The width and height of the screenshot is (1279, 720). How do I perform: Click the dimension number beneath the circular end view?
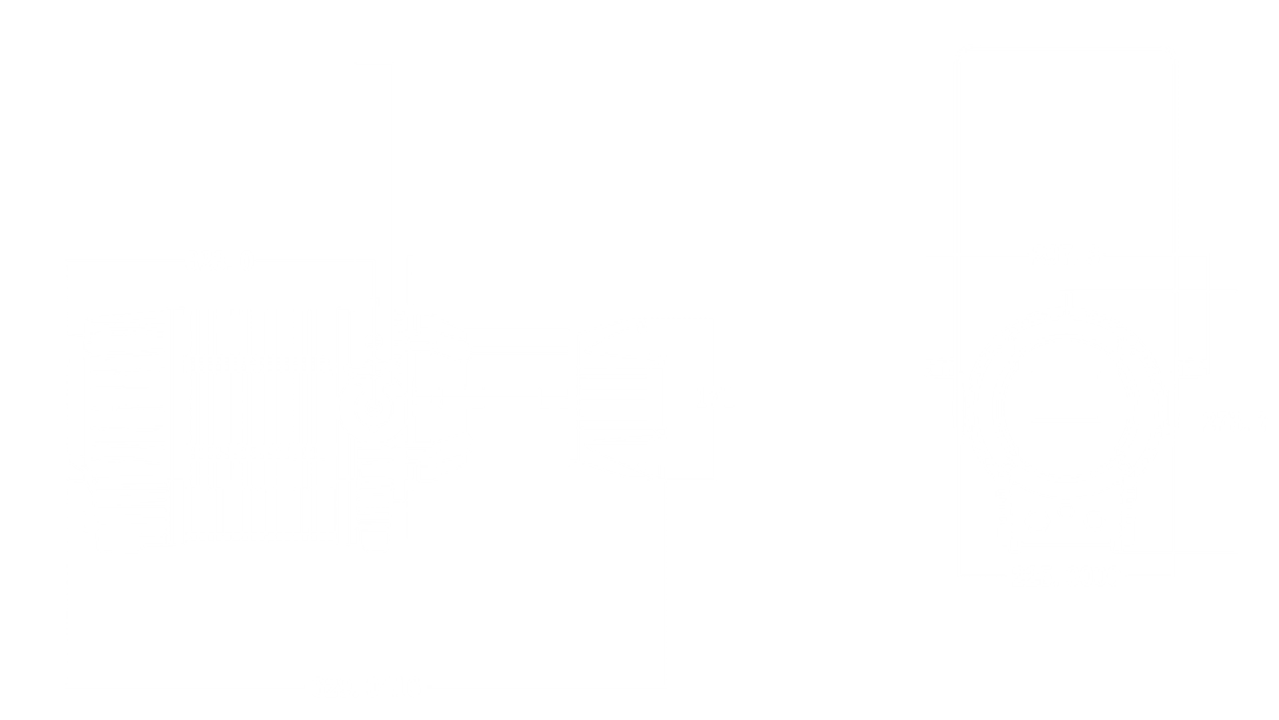click(x=1092, y=573)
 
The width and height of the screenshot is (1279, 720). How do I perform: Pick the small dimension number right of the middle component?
click(x=713, y=398)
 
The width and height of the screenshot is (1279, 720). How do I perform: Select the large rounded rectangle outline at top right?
click(x=1066, y=147)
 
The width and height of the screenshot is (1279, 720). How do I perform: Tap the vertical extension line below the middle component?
click(x=663, y=580)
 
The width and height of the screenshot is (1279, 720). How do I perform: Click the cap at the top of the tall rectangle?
click(x=373, y=67)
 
